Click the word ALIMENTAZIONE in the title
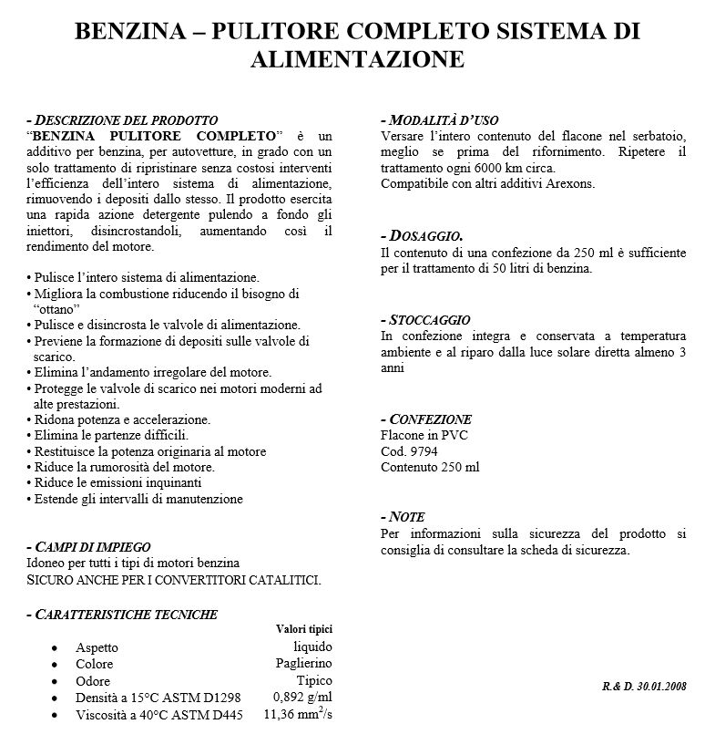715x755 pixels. point(357,59)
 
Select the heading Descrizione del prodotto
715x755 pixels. point(126,120)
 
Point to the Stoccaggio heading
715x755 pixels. point(429,320)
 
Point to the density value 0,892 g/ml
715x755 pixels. point(303,698)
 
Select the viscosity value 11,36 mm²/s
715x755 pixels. point(298,714)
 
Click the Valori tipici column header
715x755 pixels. point(303,629)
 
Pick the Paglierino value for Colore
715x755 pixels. point(303,663)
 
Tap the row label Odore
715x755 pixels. point(93,681)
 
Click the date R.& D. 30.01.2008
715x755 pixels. point(644,685)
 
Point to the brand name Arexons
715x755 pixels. point(570,184)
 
